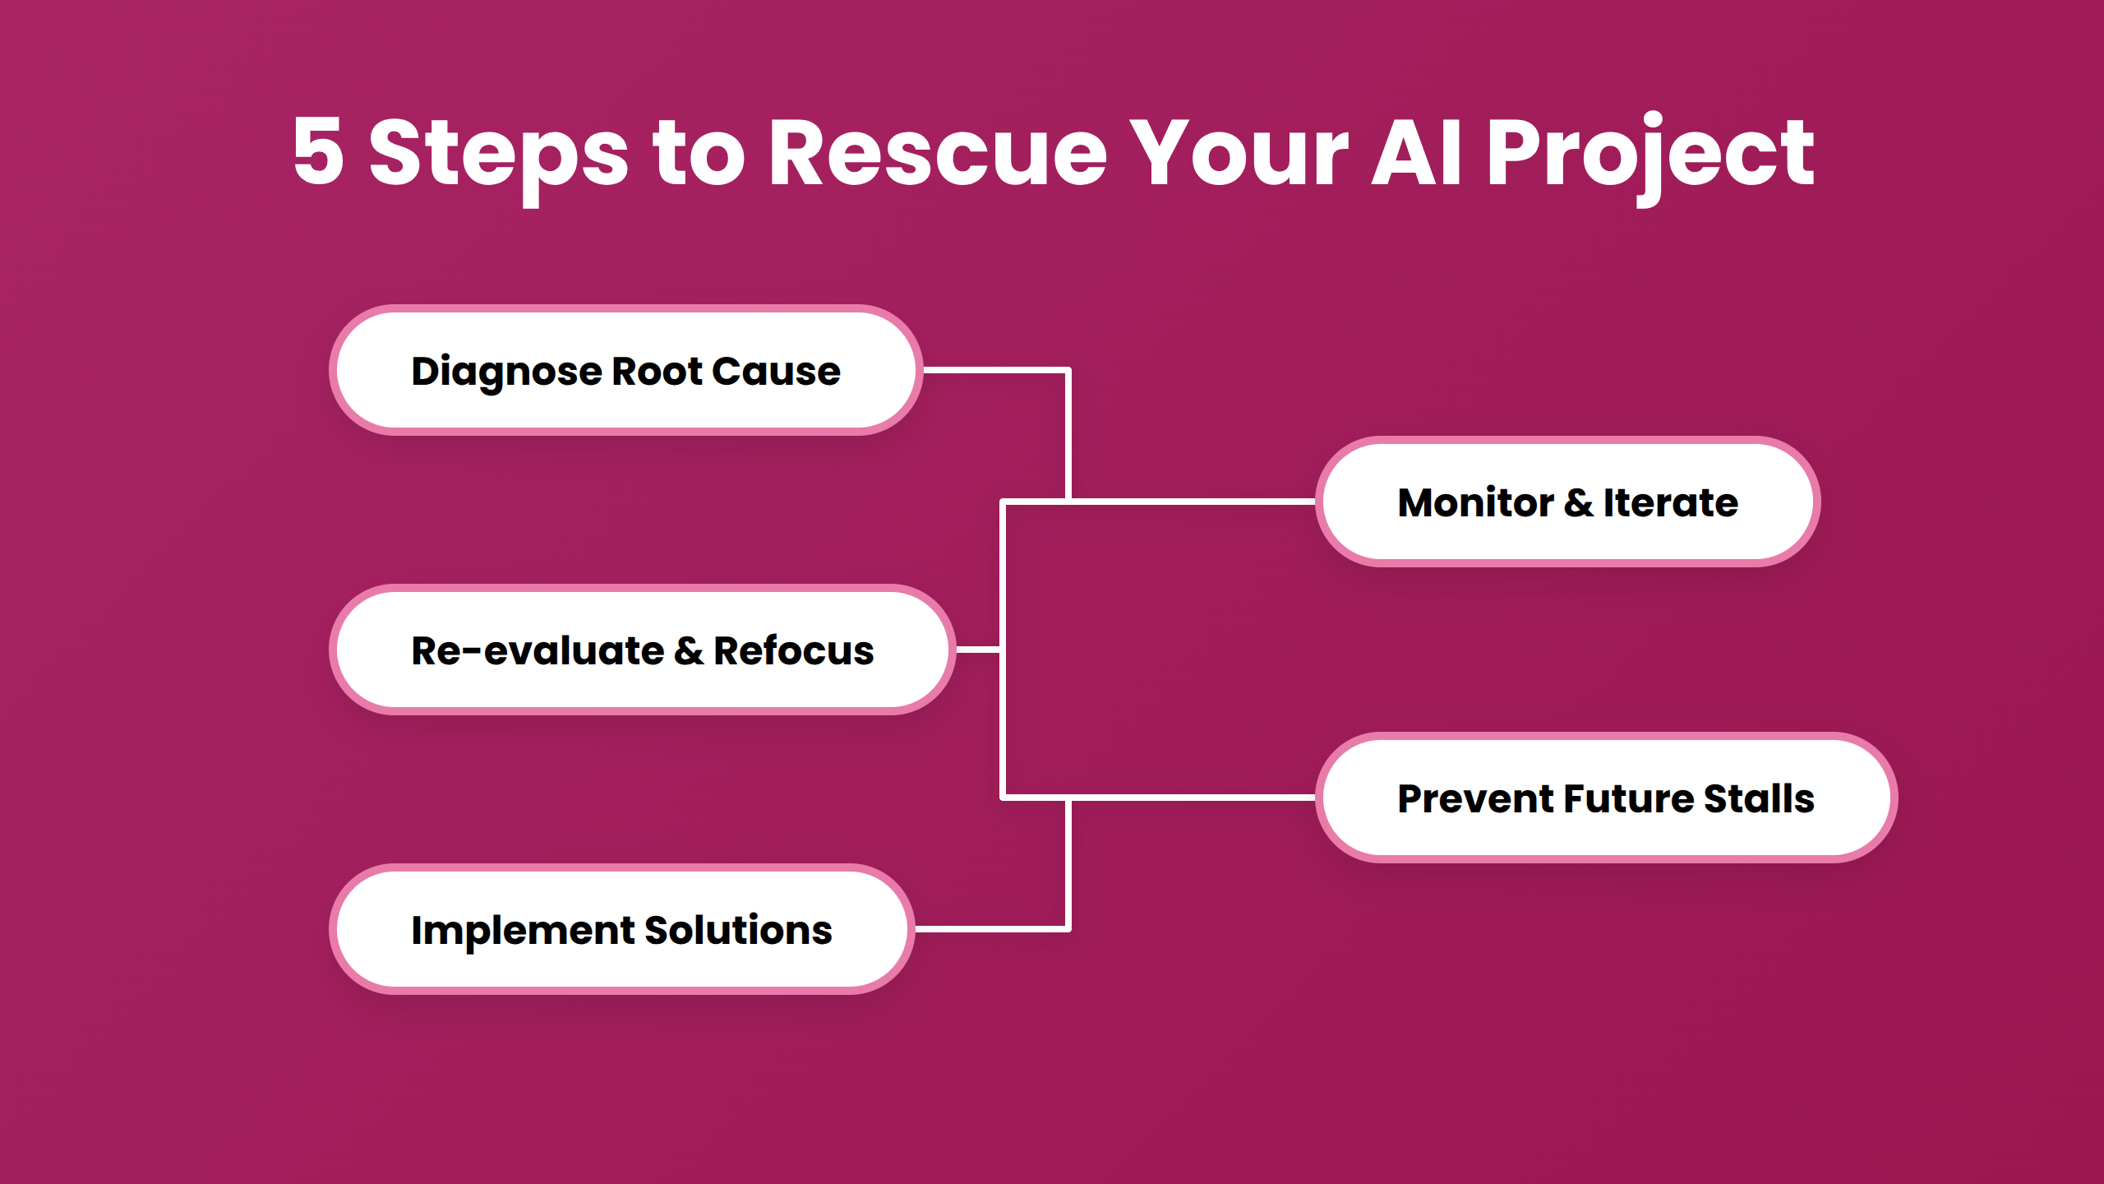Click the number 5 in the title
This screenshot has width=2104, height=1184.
[318, 151]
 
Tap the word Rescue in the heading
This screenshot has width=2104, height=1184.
[937, 153]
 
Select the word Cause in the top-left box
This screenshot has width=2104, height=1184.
[776, 372]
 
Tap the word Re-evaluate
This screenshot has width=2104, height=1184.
[538, 650]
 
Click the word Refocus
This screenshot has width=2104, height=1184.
[793, 650]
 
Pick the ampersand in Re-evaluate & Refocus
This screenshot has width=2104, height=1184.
[689, 651]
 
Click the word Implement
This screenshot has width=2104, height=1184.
[522, 931]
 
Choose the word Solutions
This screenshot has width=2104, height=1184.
[738, 930]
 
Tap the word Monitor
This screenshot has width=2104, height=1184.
[1475, 502]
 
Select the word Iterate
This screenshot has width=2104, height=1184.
[1670, 502]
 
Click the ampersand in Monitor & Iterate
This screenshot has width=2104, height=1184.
[1579, 503]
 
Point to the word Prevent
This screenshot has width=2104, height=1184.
[1475, 798]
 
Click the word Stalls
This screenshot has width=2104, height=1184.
[1759, 798]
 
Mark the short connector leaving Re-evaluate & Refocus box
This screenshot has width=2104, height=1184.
[978, 650]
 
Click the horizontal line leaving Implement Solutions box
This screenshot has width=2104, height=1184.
[990, 929]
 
